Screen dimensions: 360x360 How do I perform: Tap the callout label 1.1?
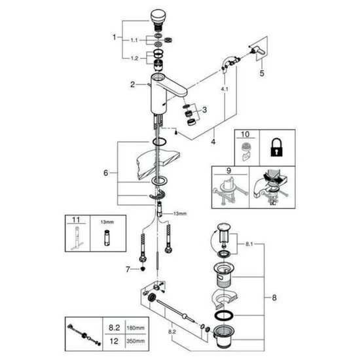134,40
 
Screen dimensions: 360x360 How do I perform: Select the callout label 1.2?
134,59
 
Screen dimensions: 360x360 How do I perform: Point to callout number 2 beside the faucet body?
132,84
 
